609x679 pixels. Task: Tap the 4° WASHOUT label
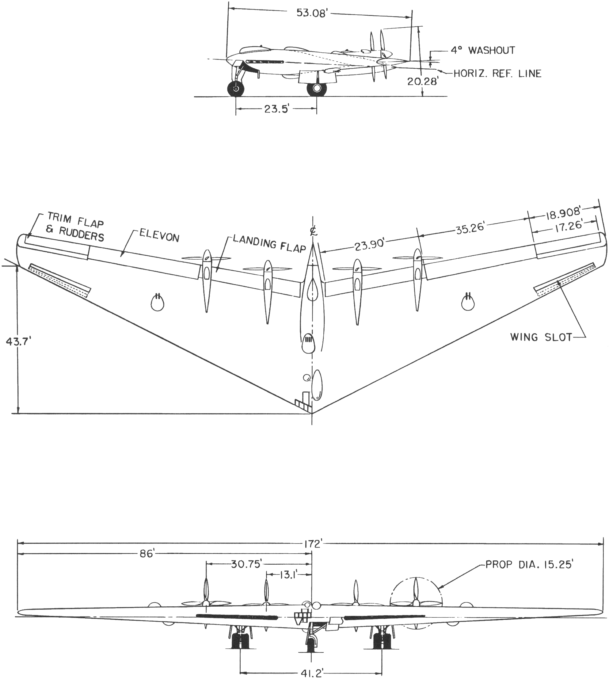click(482, 51)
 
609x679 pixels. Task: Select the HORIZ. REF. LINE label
click(497, 73)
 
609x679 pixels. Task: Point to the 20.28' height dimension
click(422, 81)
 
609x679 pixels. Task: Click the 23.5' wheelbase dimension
click(276, 109)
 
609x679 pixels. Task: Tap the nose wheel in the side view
click(236, 89)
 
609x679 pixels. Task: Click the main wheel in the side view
click(317, 89)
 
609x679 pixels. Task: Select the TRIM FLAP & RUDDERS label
click(75, 226)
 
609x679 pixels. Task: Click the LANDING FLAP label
click(269, 243)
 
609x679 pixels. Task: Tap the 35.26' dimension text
click(470, 229)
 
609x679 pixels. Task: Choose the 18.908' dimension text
click(563, 213)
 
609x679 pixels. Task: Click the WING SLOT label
click(541, 337)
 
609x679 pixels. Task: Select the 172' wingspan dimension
click(313, 544)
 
